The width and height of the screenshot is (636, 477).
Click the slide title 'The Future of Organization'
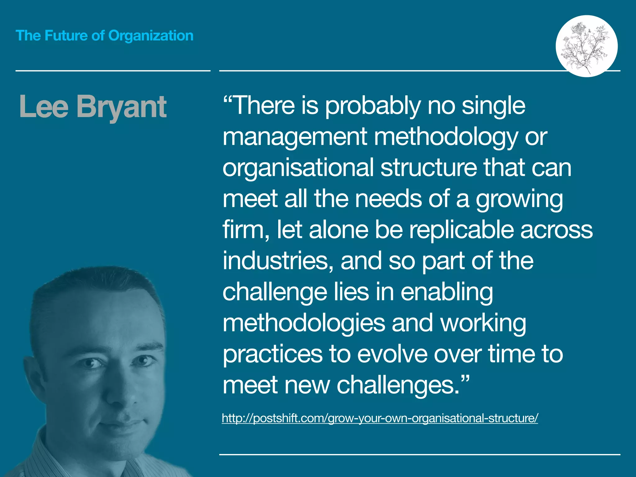pyautogui.click(x=104, y=36)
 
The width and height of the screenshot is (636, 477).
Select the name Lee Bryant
pyautogui.click(x=93, y=107)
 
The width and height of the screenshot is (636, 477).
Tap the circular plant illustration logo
pyautogui.click(x=586, y=46)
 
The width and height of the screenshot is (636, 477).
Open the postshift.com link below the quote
pyautogui.click(x=379, y=418)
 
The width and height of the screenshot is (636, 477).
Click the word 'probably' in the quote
pyautogui.click(x=373, y=106)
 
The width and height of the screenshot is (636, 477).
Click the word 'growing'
pyautogui.click(x=519, y=199)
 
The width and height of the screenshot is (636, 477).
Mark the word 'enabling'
pyautogui.click(x=446, y=292)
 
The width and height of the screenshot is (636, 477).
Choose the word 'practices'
pyautogui.click(x=273, y=355)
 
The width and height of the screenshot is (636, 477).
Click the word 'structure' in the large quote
pyautogui.click(x=429, y=168)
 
